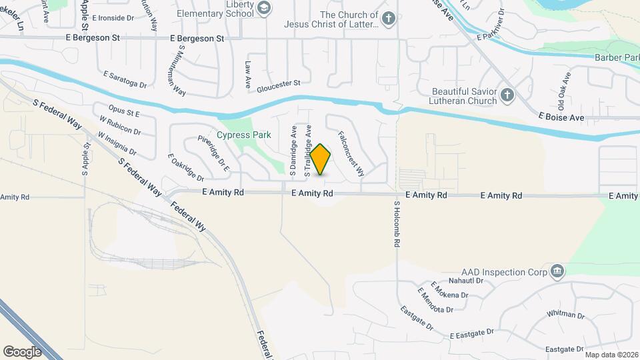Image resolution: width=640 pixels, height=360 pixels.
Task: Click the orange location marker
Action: click(x=321, y=159)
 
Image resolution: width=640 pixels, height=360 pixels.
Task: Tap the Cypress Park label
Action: click(x=243, y=135)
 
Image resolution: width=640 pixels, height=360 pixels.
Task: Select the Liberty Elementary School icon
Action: click(x=264, y=8)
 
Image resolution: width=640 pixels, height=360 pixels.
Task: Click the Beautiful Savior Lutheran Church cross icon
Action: click(x=507, y=95)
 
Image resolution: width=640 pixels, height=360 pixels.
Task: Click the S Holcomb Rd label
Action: click(x=396, y=225)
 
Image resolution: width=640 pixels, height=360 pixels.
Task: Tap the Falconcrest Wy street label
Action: click(x=351, y=153)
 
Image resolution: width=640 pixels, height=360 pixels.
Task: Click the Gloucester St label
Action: click(x=279, y=83)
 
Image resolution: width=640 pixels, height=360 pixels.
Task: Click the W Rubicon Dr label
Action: click(x=118, y=126)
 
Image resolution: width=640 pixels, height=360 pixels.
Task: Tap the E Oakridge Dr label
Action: click(x=186, y=167)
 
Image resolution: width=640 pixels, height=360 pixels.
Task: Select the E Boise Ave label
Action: click(x=561, y=117)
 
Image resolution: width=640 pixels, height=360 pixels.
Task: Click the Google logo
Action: click(x=22, y=351)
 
